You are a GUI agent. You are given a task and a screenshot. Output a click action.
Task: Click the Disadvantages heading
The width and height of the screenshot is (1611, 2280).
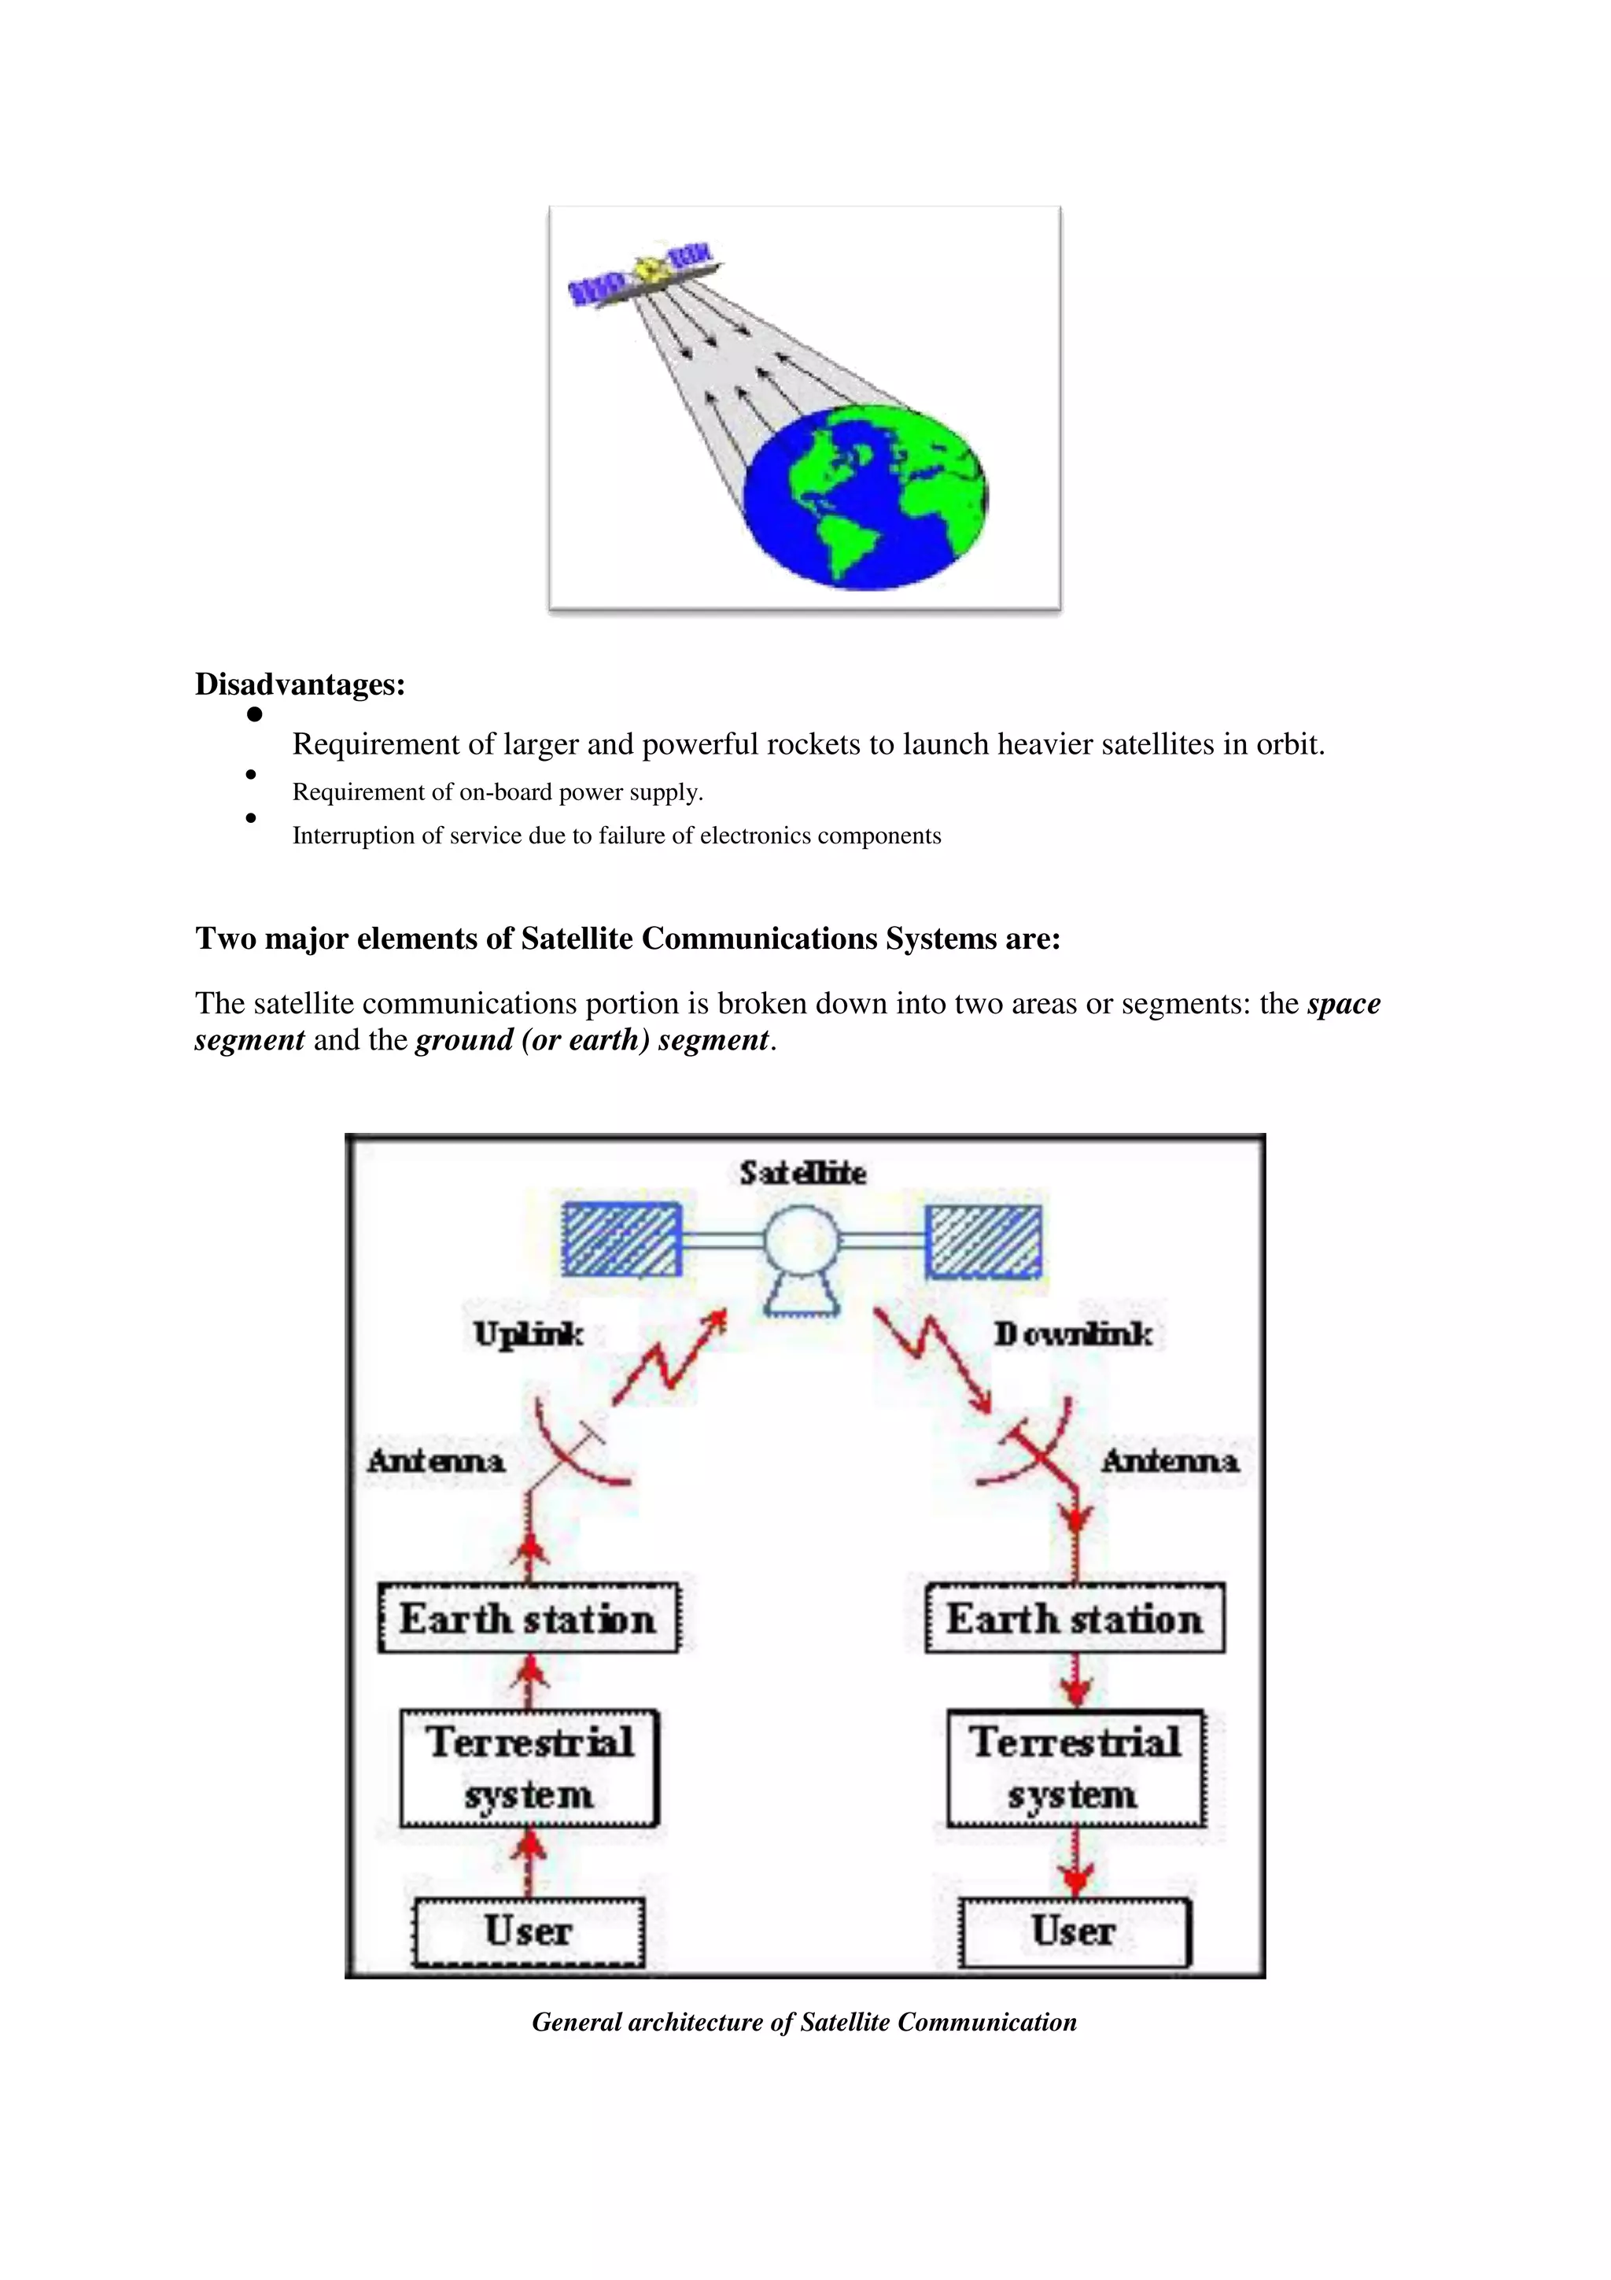tap(300, 684)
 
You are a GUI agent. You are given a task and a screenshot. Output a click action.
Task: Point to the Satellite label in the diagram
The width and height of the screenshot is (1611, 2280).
tap(802, 1173)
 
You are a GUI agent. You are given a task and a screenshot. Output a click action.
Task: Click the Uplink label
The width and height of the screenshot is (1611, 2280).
tap(528, 1334)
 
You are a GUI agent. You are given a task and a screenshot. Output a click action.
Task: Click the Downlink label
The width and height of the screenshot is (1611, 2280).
tap(1073, 1334)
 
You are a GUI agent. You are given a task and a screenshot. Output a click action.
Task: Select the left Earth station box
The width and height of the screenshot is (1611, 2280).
tap(528, 1618)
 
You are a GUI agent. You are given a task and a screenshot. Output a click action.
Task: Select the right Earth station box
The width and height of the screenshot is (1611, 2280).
tap(1074, 1618)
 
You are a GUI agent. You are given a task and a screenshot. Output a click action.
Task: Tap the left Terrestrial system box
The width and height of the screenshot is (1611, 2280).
tap(529, 1769)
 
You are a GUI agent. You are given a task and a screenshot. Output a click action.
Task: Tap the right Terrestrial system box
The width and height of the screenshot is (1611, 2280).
tap(1075, 1769)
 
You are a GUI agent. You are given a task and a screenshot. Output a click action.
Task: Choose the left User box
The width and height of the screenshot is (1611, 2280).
tap(528, 1931)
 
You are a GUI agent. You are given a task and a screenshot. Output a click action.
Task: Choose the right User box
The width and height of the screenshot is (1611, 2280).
tap(1073, 1931)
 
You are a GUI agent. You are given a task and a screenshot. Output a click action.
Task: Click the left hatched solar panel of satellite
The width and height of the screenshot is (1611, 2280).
tap(621, 1239)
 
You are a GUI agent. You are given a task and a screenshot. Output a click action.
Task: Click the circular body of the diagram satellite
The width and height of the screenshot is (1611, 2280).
tap(801, 1239)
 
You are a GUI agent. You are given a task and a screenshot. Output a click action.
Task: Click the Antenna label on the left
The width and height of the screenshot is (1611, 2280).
tap(436, 1461)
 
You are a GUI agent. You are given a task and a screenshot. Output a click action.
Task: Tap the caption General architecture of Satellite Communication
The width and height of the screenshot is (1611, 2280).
tap(804, 2022)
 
